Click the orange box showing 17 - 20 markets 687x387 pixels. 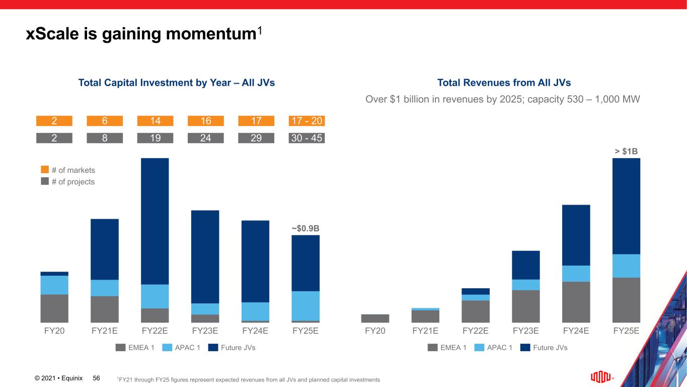(307, 121)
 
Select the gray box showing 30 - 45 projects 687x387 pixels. (307, 138)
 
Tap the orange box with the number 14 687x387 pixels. (155, 121)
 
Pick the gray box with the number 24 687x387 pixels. (205, 138)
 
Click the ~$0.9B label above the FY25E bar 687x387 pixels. (306, 228)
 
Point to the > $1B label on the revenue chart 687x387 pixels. (626, 151)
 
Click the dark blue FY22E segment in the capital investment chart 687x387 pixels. (155, 221)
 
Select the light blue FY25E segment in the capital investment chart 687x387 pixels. (306, 306)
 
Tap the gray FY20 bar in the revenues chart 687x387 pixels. (375, 318)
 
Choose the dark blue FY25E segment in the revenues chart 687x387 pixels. (626, 206)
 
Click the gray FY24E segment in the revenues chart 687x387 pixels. (576, 302)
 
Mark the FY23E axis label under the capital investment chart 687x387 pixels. (205, 331)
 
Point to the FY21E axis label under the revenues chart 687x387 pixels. (425, 331)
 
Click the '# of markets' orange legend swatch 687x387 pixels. (45, 170)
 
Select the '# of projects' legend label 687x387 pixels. (73, 181)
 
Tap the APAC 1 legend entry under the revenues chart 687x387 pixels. (494, 347)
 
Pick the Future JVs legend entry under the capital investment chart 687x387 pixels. (232, 347)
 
